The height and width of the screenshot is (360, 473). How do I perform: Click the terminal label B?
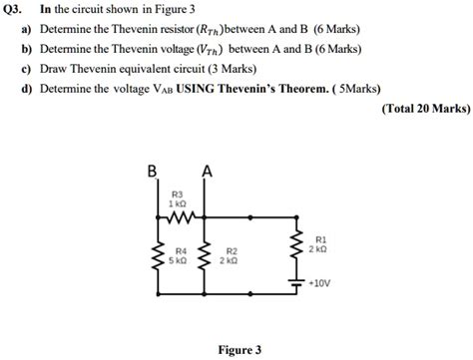tap(153, 171)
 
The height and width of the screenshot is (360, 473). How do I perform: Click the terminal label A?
tap(207, 171)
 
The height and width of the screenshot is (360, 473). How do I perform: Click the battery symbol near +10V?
tap(295, 283)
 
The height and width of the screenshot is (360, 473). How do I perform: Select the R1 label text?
tap(318, 239)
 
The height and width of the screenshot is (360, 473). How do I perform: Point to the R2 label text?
tap(232, 251)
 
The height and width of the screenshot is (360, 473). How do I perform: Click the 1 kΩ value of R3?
tap(179, 201)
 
